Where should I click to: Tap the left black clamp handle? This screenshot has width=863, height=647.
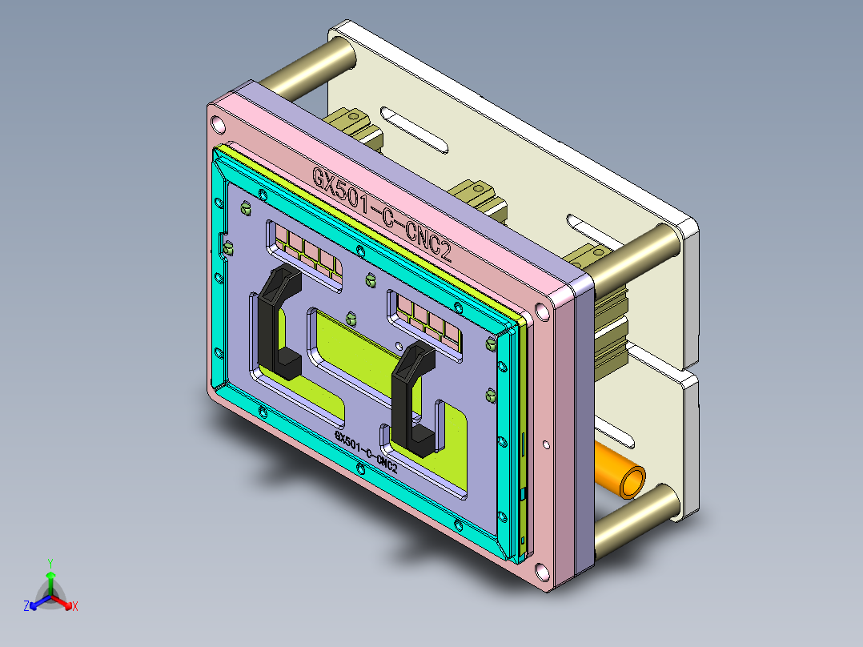[274, 320]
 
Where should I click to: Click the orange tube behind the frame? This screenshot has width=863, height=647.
[620, 475]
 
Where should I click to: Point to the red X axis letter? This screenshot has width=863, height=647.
[75, 607]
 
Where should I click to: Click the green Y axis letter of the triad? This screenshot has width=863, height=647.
[50, 562]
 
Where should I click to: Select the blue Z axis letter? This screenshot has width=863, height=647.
[26, 607]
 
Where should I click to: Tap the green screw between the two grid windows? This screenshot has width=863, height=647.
[370, 279]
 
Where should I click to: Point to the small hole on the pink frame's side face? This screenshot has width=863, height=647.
[546, 443]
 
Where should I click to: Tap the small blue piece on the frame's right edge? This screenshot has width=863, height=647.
[524, 493]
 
